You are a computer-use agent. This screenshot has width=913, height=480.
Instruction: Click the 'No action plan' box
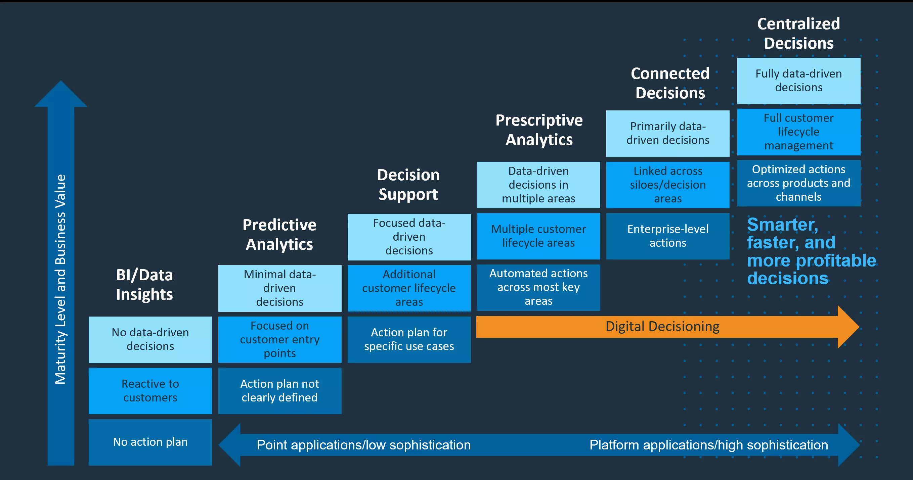pos(150,442)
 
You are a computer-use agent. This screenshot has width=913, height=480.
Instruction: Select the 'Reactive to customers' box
pos(150,391)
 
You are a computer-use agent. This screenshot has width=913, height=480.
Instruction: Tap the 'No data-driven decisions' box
pos(150,339)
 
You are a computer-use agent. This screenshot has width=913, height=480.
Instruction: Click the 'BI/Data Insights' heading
pos(144,284)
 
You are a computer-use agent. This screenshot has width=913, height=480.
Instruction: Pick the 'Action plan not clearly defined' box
pos(279,391)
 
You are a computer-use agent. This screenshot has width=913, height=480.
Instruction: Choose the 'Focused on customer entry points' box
pos(279,339)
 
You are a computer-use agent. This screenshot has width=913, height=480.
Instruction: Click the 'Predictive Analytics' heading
pos(279,235)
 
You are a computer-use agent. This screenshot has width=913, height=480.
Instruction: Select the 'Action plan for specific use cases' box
pos(409,339)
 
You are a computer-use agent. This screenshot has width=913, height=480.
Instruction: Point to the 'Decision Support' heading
pos(408,185)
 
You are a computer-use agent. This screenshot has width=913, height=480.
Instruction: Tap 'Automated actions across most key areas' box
pos(538,287)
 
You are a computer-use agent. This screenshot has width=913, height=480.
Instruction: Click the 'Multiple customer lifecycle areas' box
pos(538,236)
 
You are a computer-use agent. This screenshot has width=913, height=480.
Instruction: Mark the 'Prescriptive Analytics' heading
pos(539,130)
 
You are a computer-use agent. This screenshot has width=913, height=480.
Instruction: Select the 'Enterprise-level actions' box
pos(668,236)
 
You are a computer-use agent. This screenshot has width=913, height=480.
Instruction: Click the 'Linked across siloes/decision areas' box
pos(668,185)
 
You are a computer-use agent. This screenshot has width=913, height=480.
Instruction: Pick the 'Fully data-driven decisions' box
pos(798,81)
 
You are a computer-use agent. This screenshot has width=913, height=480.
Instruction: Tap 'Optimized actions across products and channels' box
pos(798,183)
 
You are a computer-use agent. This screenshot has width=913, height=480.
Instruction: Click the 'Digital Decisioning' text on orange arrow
pos(662,326)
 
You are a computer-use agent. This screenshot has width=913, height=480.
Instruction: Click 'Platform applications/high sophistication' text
pos(708,445)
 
